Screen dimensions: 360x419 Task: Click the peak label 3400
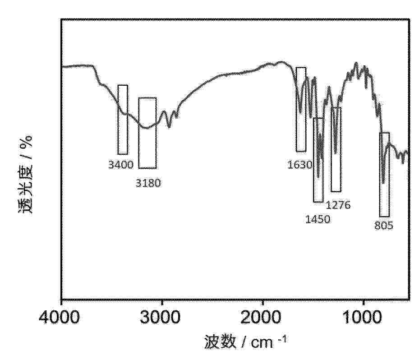pos(121,165)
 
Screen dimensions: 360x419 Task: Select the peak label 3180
pos(148,183)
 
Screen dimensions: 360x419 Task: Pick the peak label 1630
pos(300,165)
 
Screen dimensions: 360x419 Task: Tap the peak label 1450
pos(318,220)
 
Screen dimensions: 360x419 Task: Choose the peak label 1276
pos(338,206)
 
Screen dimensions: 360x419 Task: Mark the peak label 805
pos(384,226)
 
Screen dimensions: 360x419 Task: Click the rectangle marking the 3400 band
pos(123,120)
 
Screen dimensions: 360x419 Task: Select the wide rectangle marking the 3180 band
pos(147,133)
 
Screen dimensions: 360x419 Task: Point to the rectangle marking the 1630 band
pos(301,109)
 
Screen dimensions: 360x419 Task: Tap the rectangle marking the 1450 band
pos(318,160)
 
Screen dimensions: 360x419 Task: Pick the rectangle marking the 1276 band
pos(336,149)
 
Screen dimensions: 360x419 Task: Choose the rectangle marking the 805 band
pos(384,175)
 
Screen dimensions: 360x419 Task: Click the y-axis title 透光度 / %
pos(26,176)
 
